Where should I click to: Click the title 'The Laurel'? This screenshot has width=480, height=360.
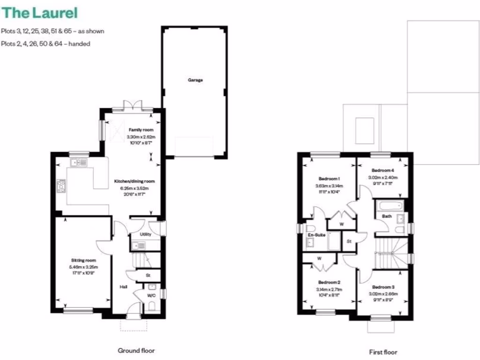tap(39, 13)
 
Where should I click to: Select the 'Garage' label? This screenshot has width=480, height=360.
tap(195, 80)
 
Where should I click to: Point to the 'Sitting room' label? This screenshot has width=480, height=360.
tap(83, 260)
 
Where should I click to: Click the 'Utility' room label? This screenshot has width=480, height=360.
tap(146, 234)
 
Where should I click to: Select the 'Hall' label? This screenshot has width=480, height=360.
tap(123, 286)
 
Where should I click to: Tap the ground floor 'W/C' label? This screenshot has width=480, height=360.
tap(151, 296)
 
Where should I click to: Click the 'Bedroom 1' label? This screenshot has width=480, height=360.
tap(329, 179)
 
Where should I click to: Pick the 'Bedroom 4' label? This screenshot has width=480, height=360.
tap(383, 171)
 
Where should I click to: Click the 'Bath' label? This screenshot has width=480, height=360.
tap(387, 217)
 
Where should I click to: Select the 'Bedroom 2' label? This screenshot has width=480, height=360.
tap(329, 283)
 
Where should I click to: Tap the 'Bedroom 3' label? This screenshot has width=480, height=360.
tap(383, 287)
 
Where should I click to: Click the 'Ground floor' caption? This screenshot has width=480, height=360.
tap(135, 350)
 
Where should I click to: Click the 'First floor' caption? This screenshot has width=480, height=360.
tap(383, 352)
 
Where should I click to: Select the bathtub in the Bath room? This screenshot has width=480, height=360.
tap(390, 206)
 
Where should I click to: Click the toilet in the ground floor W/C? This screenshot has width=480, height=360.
tap(151, 307)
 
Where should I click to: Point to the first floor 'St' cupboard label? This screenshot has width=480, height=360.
tap(349, 241)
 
